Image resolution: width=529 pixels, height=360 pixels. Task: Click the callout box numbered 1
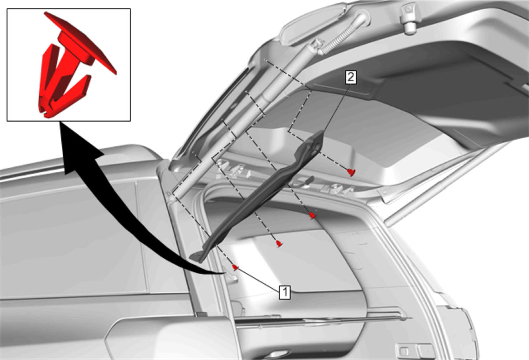285,292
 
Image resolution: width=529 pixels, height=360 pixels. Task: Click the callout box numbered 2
351,77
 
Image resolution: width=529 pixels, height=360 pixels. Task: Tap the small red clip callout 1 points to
235,267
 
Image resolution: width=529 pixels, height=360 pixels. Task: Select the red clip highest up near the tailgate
351,172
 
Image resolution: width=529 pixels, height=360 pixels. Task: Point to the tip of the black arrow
60,122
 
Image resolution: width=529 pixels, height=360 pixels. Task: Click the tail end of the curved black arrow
223,273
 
